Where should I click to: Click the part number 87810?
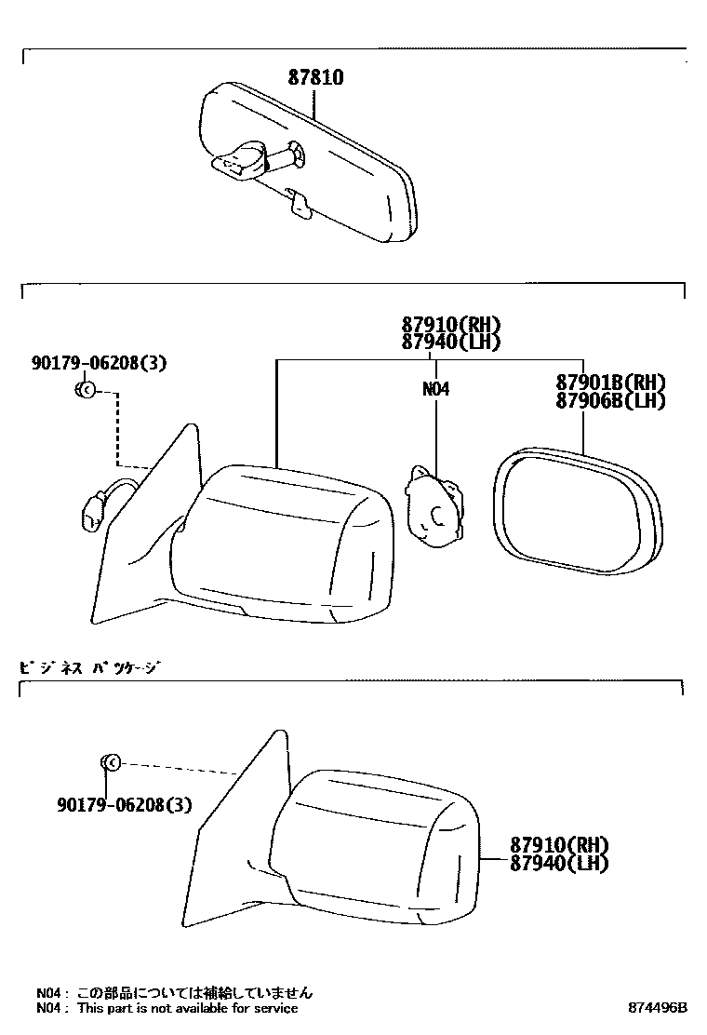click(x=315, y=78)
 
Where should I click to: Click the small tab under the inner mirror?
click(x=300, y=204)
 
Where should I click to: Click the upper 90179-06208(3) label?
click(x=99, y=364)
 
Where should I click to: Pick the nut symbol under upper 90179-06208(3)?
click(x=84, y=390)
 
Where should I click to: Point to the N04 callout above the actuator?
click(x=435, y=390)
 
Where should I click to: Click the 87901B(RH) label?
click(x=611, y=383)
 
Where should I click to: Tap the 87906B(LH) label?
click(x=611, y=400)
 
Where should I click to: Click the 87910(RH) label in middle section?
click(x=451, y=325)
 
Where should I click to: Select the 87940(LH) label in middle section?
click(x=451, y=342)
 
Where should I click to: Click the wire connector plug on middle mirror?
click(x=94, y=512)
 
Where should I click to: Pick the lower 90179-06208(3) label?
click(x=124, y=804)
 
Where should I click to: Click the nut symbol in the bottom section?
click(x=109, y=764)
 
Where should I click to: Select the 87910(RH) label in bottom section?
click(x=558, y=846)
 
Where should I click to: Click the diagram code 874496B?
click(x=656, y=1008)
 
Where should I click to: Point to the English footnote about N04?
click(x=167, y=1008)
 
